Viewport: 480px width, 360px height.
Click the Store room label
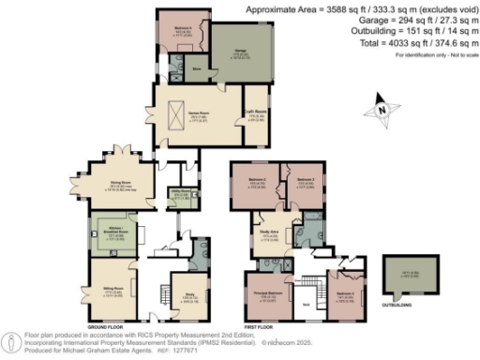click(196, 68)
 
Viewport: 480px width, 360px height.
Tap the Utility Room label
click(178, 197)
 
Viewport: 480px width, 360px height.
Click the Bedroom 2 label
click(258, 182)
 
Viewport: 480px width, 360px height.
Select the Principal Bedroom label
click(263, 298)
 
